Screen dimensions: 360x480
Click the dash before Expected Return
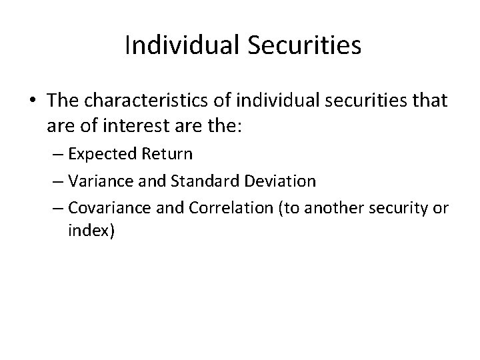(58, 155)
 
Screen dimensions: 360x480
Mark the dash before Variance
(58, 181)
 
